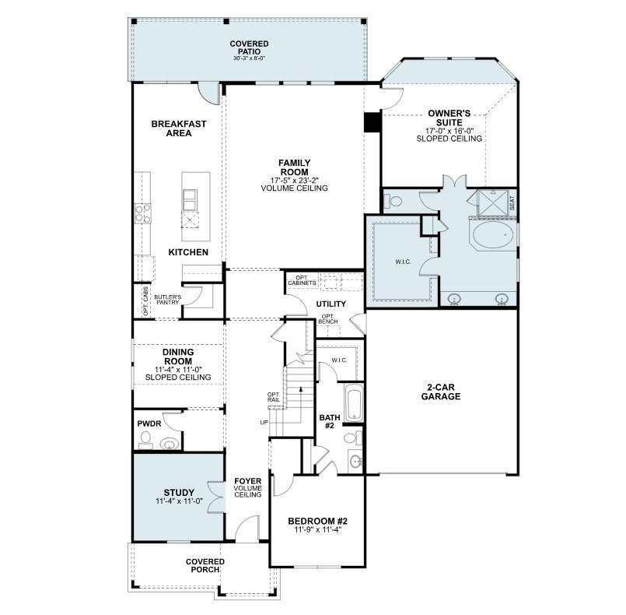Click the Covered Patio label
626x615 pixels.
pos(249,47)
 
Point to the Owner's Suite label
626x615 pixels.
pos(449,118)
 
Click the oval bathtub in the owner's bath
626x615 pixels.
pos(491,234)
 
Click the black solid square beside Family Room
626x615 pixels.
pos(372,122)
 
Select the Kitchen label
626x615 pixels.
pos(188,252)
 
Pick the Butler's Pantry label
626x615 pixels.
pos(167,300)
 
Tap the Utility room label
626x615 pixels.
pos(330,304)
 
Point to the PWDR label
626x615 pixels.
pos(149,424)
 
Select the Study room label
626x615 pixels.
pos(178,493)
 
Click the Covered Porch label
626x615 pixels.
pos(205,566)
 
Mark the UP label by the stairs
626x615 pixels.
pos(264,423)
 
